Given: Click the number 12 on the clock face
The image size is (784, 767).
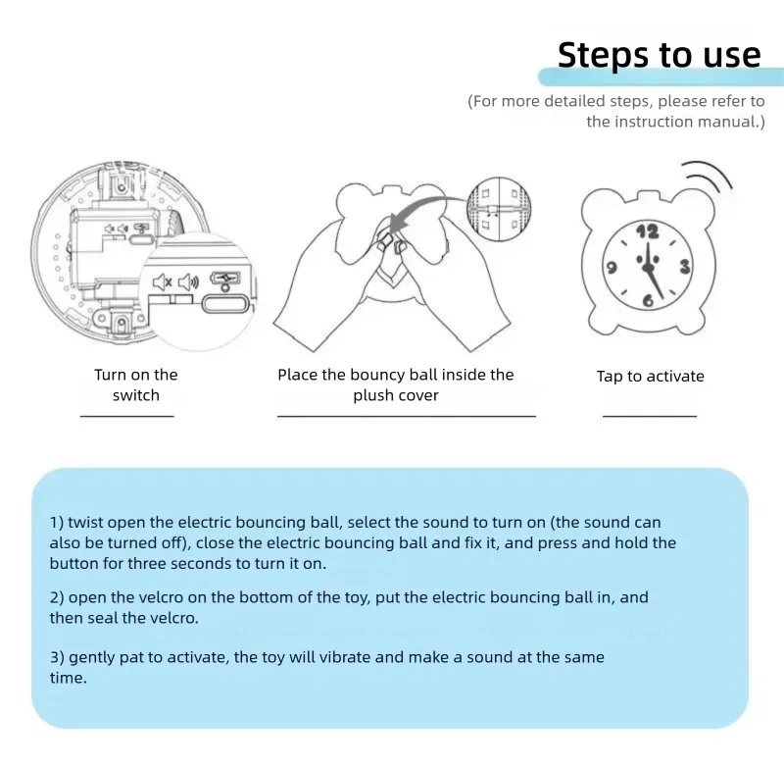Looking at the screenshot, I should [x=648, y=231].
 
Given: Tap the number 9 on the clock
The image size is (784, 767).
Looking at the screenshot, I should [x=610, y=267].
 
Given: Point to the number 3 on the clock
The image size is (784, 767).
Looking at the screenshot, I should [x=684, y=266].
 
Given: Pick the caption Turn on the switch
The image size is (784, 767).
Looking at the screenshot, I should [x=135, y=384].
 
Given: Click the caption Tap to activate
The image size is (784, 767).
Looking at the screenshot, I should [x=650, y=377].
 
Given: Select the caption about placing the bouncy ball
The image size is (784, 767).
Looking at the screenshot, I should [x=395, y=384].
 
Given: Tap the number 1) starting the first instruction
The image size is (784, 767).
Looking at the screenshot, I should [x=56, y=524].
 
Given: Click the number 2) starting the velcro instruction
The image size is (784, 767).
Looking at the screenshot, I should [x=56, y=597].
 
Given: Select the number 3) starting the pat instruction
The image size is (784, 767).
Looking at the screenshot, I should [x=56, y=657].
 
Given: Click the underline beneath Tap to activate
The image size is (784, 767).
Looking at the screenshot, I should [x=649, y=416].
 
